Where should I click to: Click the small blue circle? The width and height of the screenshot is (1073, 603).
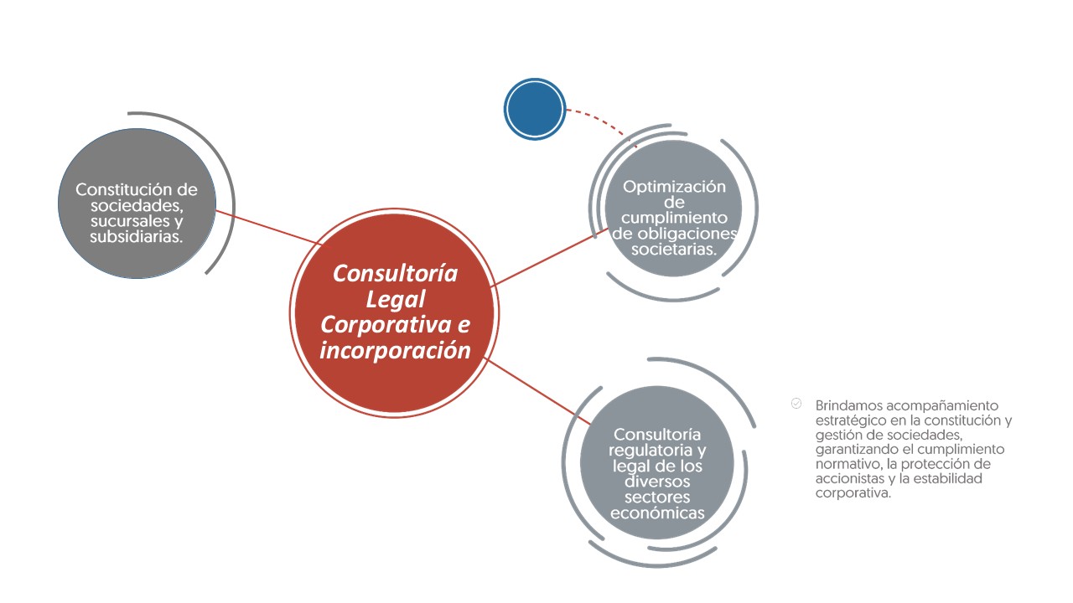tap(535, 109)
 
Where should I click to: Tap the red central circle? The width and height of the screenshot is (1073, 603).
tap(394, 313)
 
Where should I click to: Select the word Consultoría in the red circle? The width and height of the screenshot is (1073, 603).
tap(395, 274)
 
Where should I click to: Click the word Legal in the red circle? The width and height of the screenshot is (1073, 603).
tap(395, 300)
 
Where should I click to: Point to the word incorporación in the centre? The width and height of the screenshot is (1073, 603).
tap(395, 351)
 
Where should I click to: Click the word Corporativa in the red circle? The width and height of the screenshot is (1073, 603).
tap(386, 325)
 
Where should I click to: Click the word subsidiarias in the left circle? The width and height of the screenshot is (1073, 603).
tap(135, 237)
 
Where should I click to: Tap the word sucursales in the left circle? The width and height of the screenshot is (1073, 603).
tap(130, 221)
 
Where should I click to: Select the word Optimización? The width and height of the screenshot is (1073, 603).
tap(674, 187)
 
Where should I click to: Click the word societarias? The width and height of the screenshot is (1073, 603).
tap(673, 250)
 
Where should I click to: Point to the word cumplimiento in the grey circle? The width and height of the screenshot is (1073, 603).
tap(674, 218)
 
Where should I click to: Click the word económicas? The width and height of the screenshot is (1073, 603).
tap(657, 513)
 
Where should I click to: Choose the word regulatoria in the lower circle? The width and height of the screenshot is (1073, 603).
tap(650, 451)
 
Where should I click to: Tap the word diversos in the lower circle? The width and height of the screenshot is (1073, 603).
tap(657, 482)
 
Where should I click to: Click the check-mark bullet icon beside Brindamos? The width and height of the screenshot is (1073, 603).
tap(796, 404)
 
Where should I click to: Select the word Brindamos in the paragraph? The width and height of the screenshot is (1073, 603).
tap(849, 406)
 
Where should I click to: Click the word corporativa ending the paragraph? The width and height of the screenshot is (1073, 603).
tap(853, 493)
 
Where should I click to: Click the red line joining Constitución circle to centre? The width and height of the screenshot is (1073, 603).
tap(269, 227)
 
